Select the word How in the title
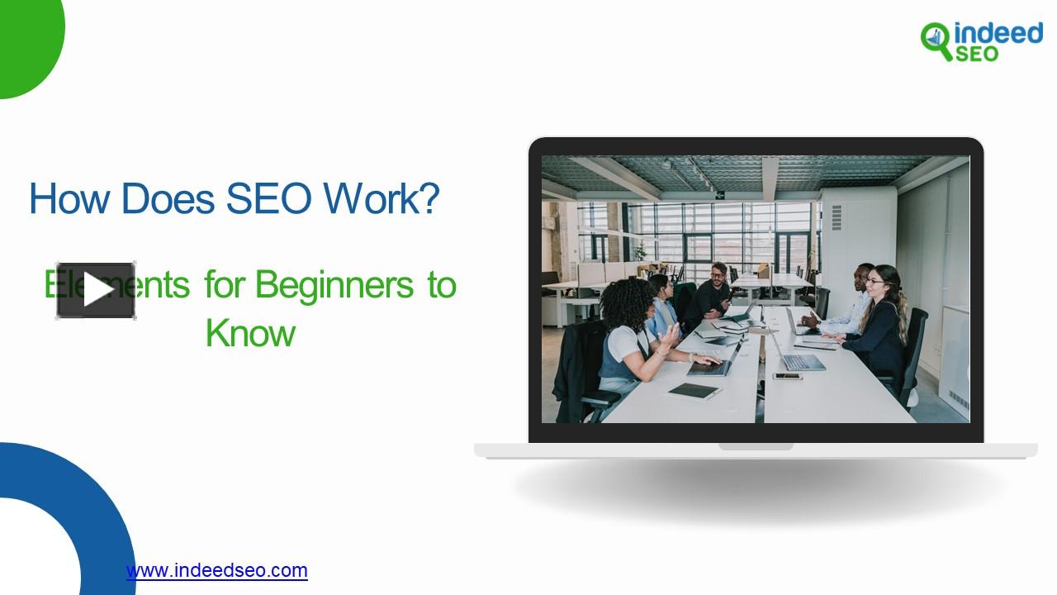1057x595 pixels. pos(69,199)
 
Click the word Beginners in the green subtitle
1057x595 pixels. pos(334,285)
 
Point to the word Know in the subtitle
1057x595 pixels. pos(250,333)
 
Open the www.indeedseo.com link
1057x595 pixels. pos(217,570)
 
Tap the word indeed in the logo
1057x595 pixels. pos(998,33)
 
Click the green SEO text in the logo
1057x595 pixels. pos(977,54)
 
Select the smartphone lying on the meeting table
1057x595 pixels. pos(787,377)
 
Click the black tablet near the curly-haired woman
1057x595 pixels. pos(694,391)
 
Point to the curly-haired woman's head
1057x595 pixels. pos(629,302)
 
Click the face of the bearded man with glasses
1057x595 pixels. pos(718,274)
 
